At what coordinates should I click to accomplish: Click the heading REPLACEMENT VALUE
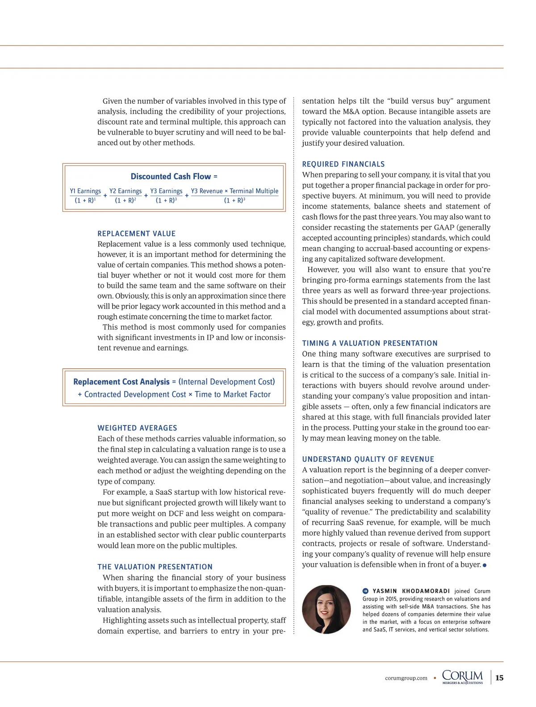click(x=137, y=234)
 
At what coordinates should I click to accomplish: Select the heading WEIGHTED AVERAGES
click(x=137, y=428)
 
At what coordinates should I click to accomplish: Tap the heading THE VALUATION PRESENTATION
click(x=155, y=567)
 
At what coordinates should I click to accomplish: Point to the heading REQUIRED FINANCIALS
click(x=343, y=164)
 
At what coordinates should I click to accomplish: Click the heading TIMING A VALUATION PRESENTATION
click(x=370, y=343)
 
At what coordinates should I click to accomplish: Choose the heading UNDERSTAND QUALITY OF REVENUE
click(x=368, y=459)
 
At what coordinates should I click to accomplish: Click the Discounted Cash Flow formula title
click(x=174, y=177)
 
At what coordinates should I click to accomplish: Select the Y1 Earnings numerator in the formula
click(x=85, y=191)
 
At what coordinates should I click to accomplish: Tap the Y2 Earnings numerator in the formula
click(x=126, y=191)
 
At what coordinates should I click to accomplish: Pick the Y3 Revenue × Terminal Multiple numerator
click(x=234, y=191)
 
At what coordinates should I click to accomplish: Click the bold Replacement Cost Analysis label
click(x=121, y=382)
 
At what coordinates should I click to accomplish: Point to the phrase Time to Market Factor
click(x=233, y=394)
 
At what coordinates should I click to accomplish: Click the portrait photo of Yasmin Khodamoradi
click(x=326, y=609)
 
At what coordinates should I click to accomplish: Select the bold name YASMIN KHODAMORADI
click(x=411, y=591)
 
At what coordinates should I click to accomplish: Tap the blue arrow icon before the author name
click(x=365, y=591)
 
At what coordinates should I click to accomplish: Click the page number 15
click(x=499, y=678)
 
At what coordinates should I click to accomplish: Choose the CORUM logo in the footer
click(x=462, y=677)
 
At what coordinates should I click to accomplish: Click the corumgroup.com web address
click(x=406, y=678)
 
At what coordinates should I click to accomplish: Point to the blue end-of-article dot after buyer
click(x=485, y=565)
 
